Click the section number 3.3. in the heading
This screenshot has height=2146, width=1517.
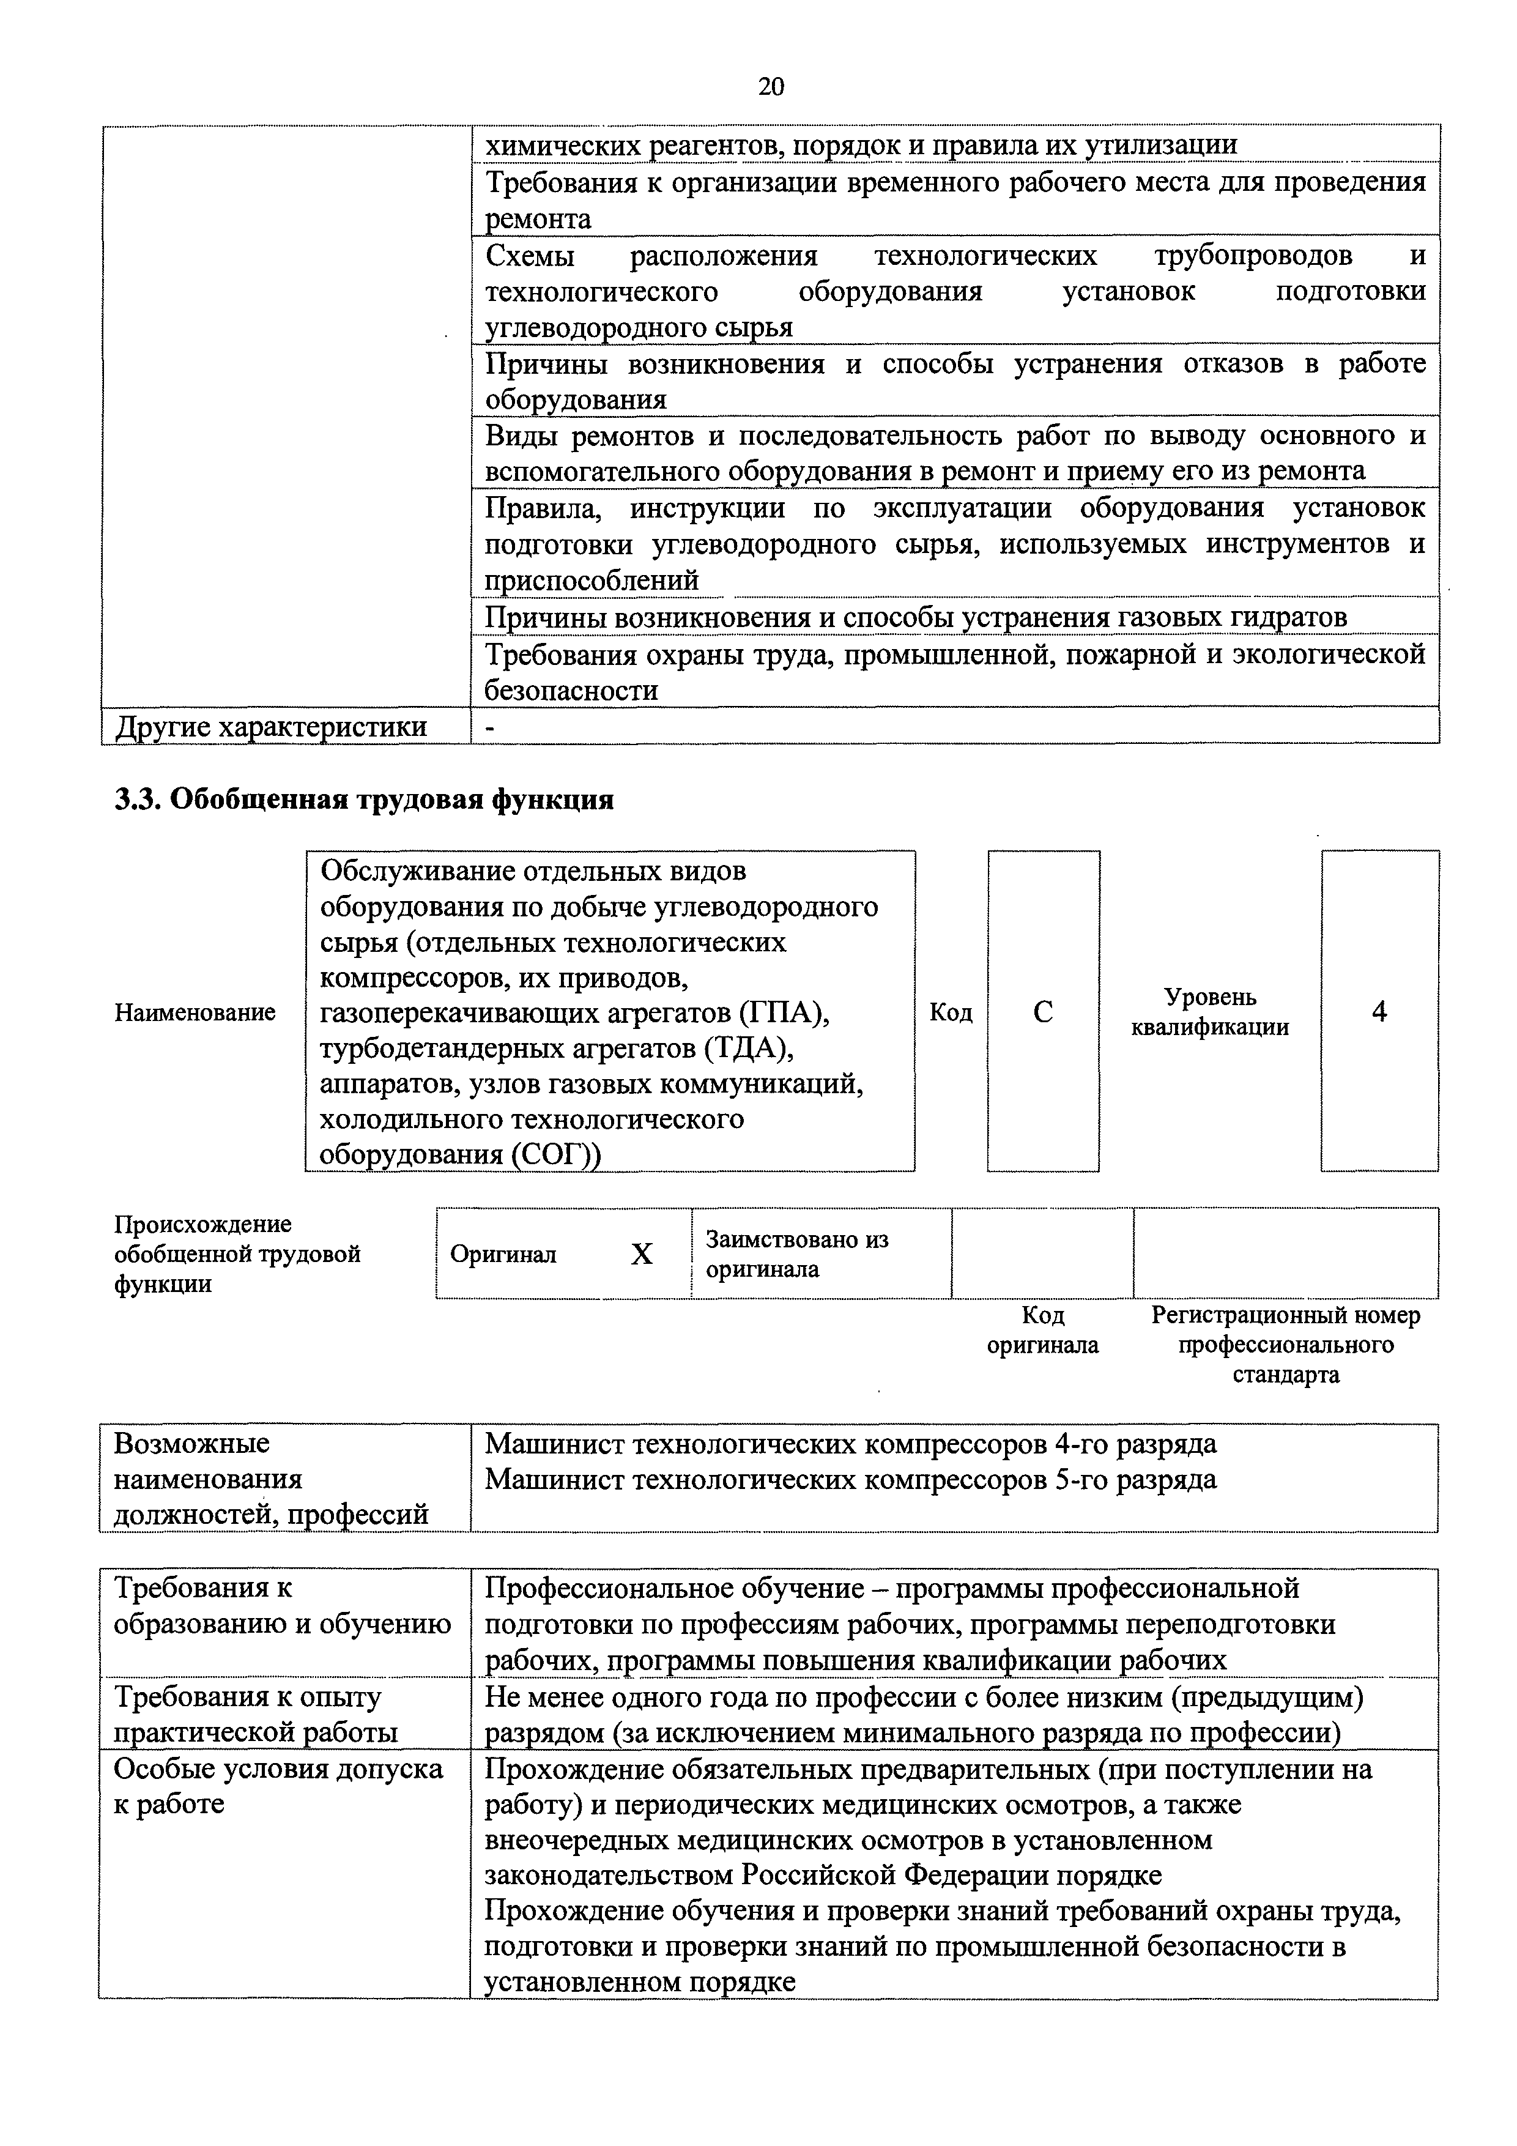tap(138, 800)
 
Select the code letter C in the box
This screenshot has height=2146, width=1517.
tap(1043, 1012)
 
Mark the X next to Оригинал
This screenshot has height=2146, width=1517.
tap(641, 1254)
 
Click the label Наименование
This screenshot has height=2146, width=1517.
tap(195, 1012)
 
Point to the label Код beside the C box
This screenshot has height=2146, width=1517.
tap(951, 1012)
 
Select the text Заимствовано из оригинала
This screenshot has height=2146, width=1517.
tap(796, 1254)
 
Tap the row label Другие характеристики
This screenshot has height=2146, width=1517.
tap(270, 726)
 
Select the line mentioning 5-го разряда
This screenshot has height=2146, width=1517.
tap(851, 1480)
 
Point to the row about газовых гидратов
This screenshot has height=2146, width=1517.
tap(915, 617)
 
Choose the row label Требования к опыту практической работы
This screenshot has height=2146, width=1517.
tap(255, 1714)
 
